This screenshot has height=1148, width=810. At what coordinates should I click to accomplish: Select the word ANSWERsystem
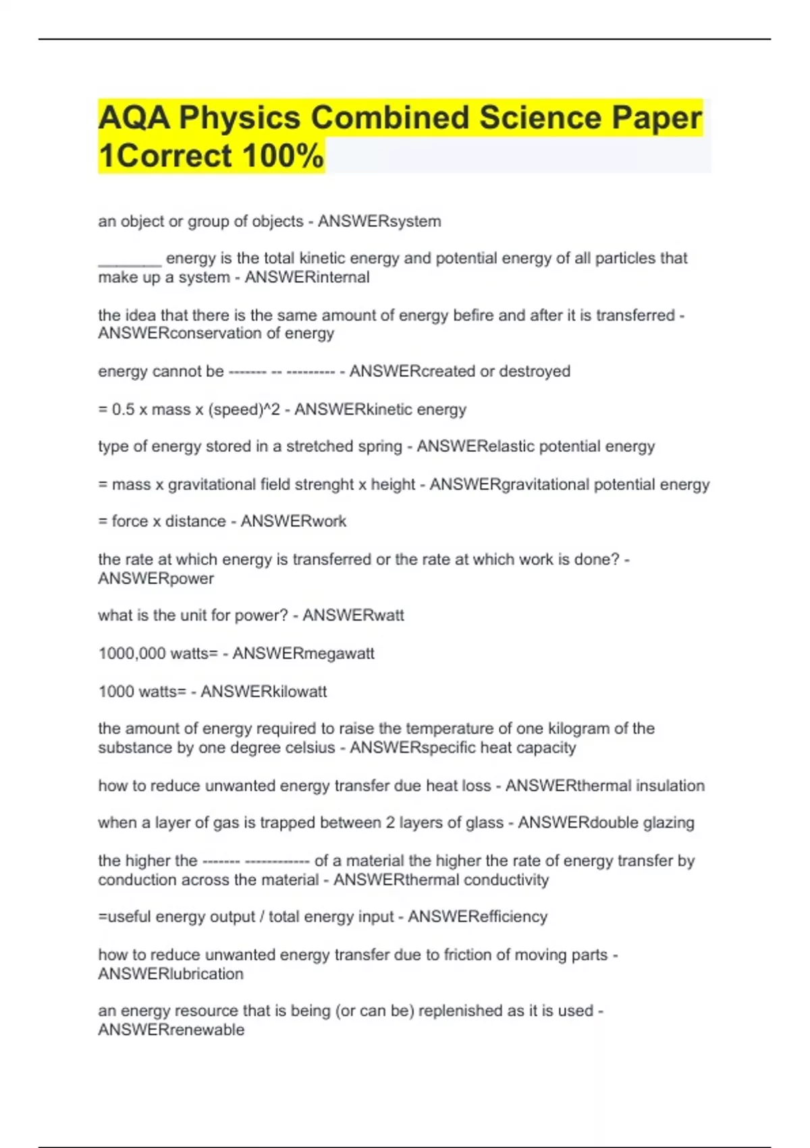(379, 221)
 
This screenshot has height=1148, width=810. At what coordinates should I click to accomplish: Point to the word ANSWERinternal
(307, 278)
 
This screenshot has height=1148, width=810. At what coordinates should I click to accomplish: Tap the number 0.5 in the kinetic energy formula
(124, 410)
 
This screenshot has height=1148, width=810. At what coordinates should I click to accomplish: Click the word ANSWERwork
(294, 521)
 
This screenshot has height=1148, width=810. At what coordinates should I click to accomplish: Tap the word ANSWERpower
(156, 579)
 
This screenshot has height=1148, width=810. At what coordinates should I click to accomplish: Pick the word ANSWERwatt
(353, 616)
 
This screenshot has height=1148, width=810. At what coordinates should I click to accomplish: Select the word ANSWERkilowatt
(264, 692)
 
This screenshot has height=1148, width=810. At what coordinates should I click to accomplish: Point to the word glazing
(668, 823)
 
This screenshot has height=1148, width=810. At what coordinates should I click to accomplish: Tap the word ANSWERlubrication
(171, 974)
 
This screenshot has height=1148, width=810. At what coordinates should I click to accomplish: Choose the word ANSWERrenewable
(171, 1030)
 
